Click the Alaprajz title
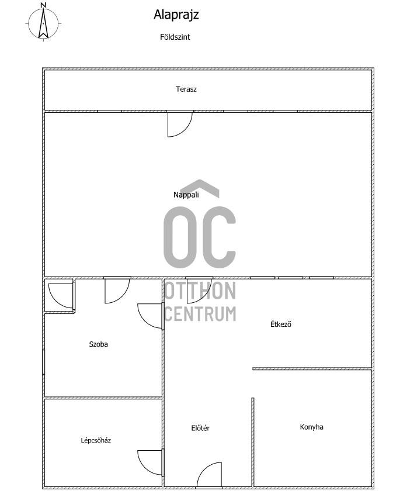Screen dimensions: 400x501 (176, 15)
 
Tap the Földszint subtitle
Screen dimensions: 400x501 (175, 37)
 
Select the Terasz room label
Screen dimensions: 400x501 (186, 89)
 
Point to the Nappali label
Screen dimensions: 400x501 (186, 195)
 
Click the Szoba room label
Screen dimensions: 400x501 (98, 344)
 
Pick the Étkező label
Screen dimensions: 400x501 (281, 324)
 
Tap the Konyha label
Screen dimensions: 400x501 (312, 427)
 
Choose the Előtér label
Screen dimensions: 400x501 (200, 428)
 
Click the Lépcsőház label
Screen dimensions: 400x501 (96, 440)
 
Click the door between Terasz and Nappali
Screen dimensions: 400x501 (180, 124)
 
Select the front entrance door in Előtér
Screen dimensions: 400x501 (209, 475)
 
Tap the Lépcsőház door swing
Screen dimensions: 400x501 (151, 462)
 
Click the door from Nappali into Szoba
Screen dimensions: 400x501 (117, 290)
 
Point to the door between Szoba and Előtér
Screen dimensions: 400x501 (151, 316)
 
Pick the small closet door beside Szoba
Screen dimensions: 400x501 (61, 296)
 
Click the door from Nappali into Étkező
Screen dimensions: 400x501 (199, 290)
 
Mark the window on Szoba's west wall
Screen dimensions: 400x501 (43, 362)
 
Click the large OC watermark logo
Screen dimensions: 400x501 (200, 224)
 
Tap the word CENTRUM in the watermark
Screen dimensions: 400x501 (200, 314)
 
